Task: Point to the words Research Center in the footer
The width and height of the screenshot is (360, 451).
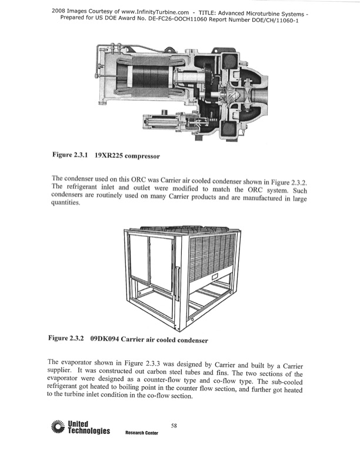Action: (x=142, y=433)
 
